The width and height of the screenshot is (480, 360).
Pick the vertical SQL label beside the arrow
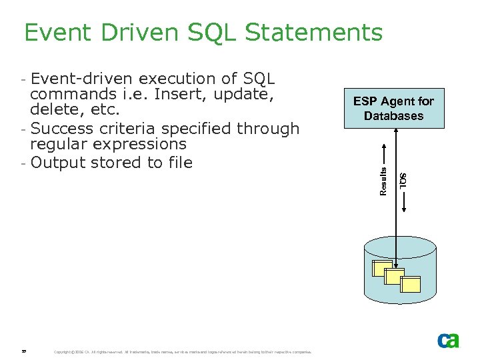point(403,179)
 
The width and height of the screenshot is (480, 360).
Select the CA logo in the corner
point(448,341)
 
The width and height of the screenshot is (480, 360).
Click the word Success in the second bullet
point(62,128)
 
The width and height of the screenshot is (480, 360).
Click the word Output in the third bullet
point(57,163)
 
